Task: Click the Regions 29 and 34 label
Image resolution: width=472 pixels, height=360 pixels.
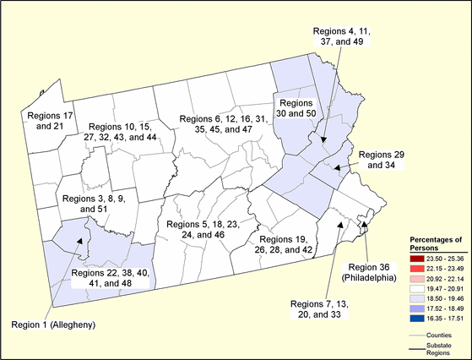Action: click(x=382, y=161)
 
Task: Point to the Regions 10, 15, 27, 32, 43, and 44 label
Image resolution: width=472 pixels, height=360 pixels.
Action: click(x=123, y=131)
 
